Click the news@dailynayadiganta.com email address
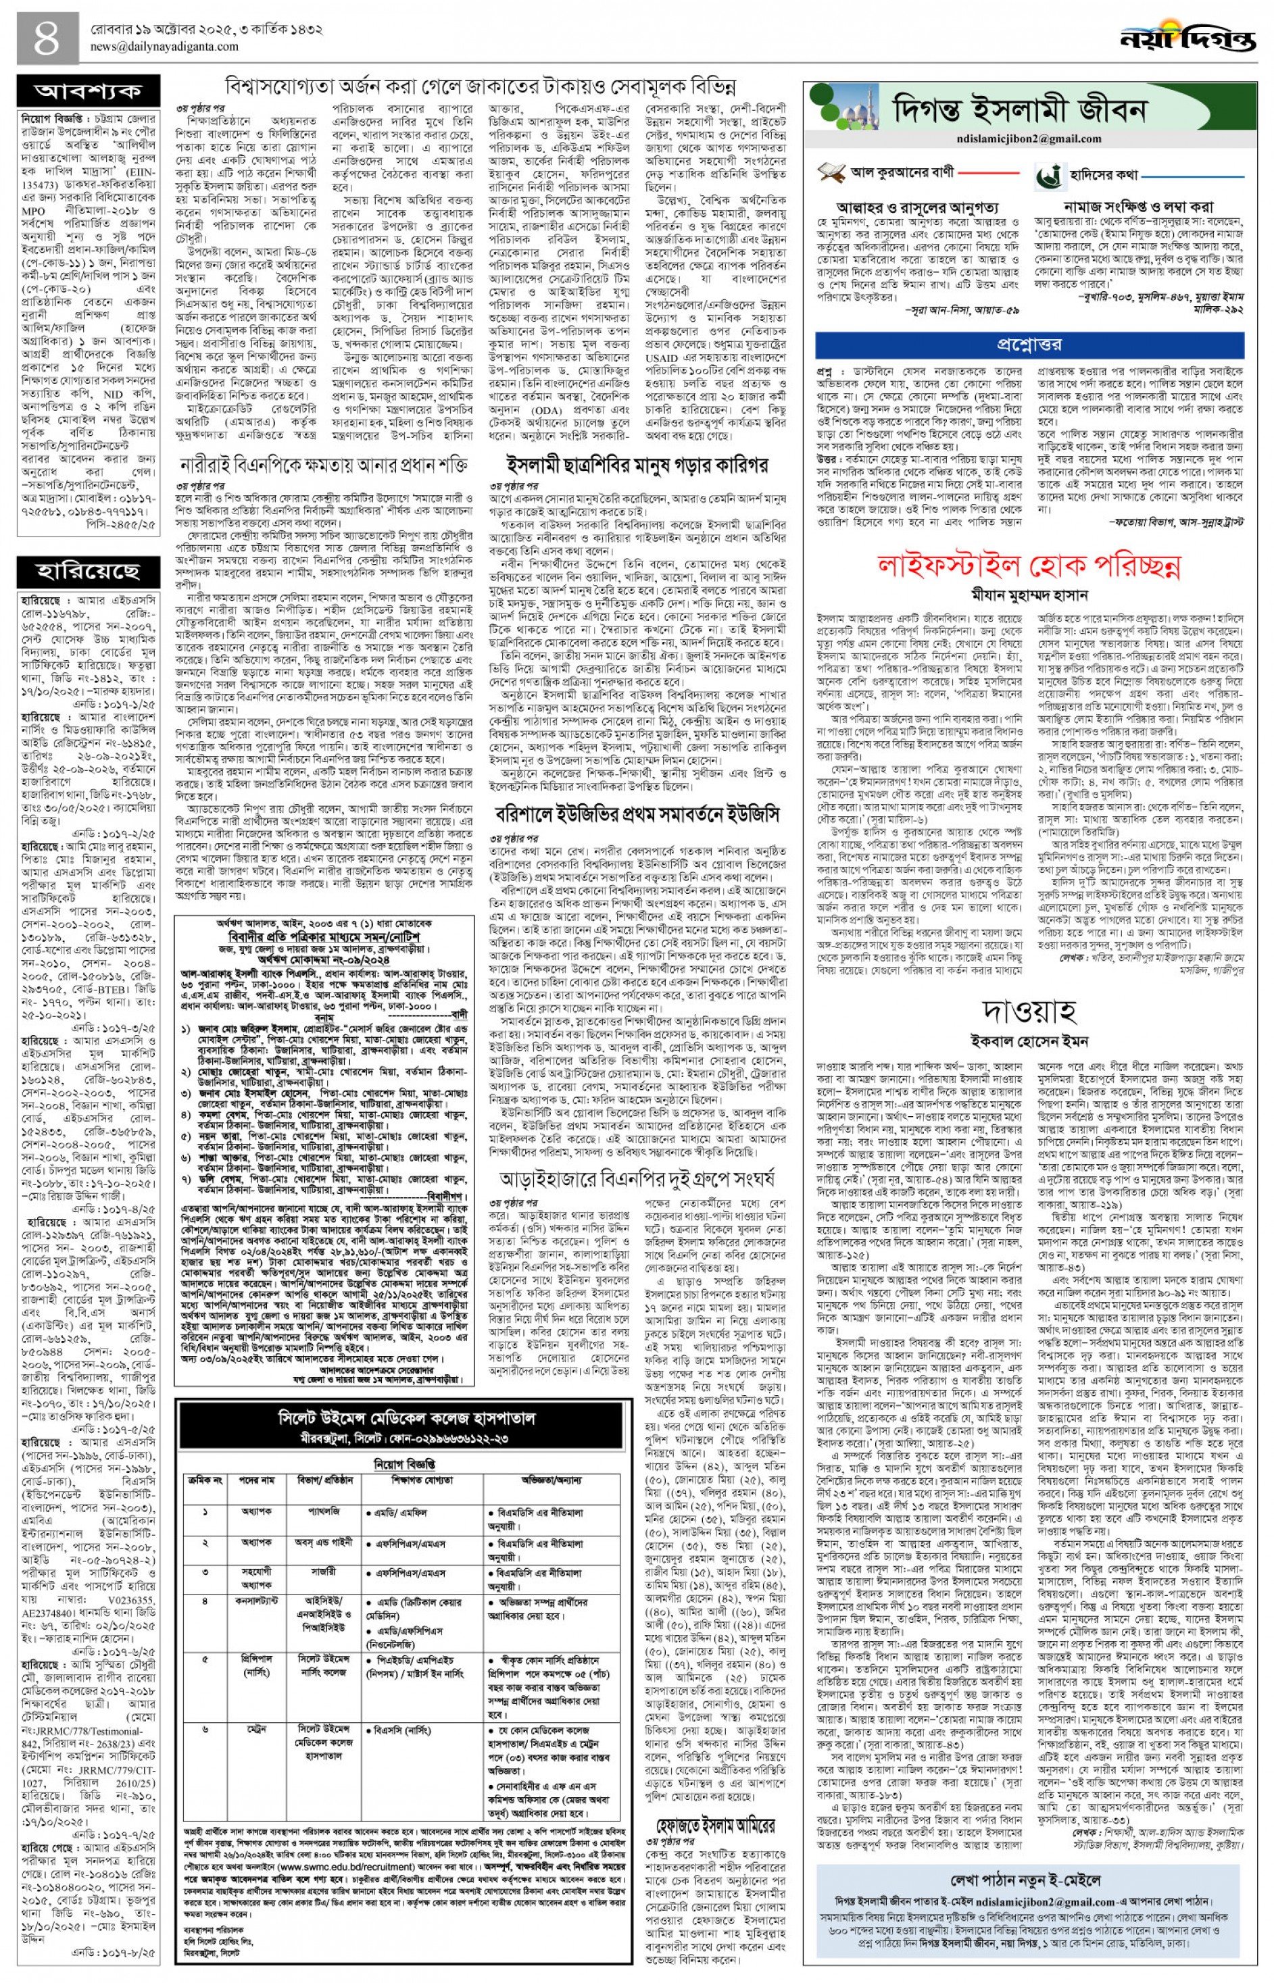point(165,47)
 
